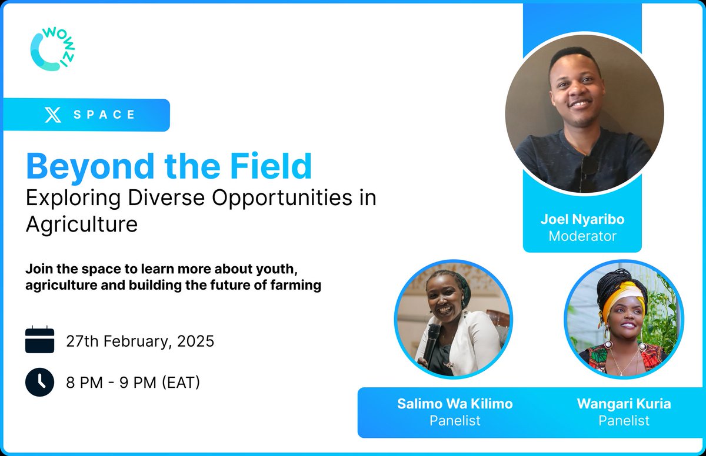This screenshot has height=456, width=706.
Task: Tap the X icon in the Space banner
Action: point(53,115)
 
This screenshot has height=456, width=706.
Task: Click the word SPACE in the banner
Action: point(105,115)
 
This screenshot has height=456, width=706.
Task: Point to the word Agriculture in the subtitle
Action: point(82,224)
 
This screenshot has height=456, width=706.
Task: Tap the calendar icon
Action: point(40,340)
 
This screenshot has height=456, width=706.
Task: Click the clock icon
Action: point(40,383)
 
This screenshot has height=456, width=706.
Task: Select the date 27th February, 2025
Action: point(140,341)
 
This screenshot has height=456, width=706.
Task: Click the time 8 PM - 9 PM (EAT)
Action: point(133,383)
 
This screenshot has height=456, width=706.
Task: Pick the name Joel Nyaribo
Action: point(582,220)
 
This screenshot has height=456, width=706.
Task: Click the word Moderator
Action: point(582,236)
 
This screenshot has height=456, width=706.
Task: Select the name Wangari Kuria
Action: point(624,404)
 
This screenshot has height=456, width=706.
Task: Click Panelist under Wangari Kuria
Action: point(624,421)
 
